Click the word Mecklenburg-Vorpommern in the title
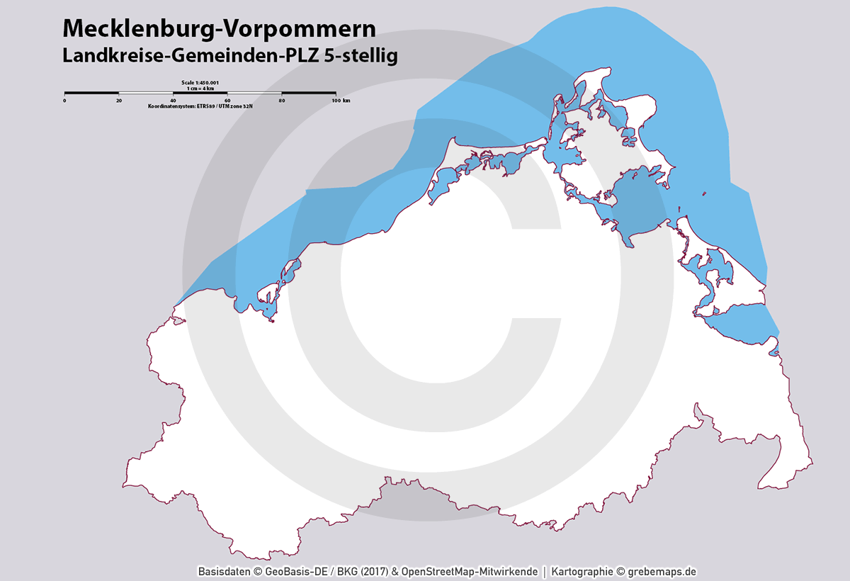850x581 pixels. pos(219,28)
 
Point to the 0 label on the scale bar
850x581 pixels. pos(64,101)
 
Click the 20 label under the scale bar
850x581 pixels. pos(118,101)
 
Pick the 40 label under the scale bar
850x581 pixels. pos(173,101)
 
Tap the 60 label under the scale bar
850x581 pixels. pos(227,101)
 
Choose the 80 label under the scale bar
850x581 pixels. pos(281,101)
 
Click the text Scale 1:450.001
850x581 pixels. pos(200,83)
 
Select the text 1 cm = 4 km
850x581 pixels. pos(200,88)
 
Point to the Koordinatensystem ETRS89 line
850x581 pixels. pos(200,106)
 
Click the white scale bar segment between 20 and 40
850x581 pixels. pos(146,93)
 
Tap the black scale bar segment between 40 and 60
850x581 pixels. pos(200,93)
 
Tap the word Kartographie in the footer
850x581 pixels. pos(582,572)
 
